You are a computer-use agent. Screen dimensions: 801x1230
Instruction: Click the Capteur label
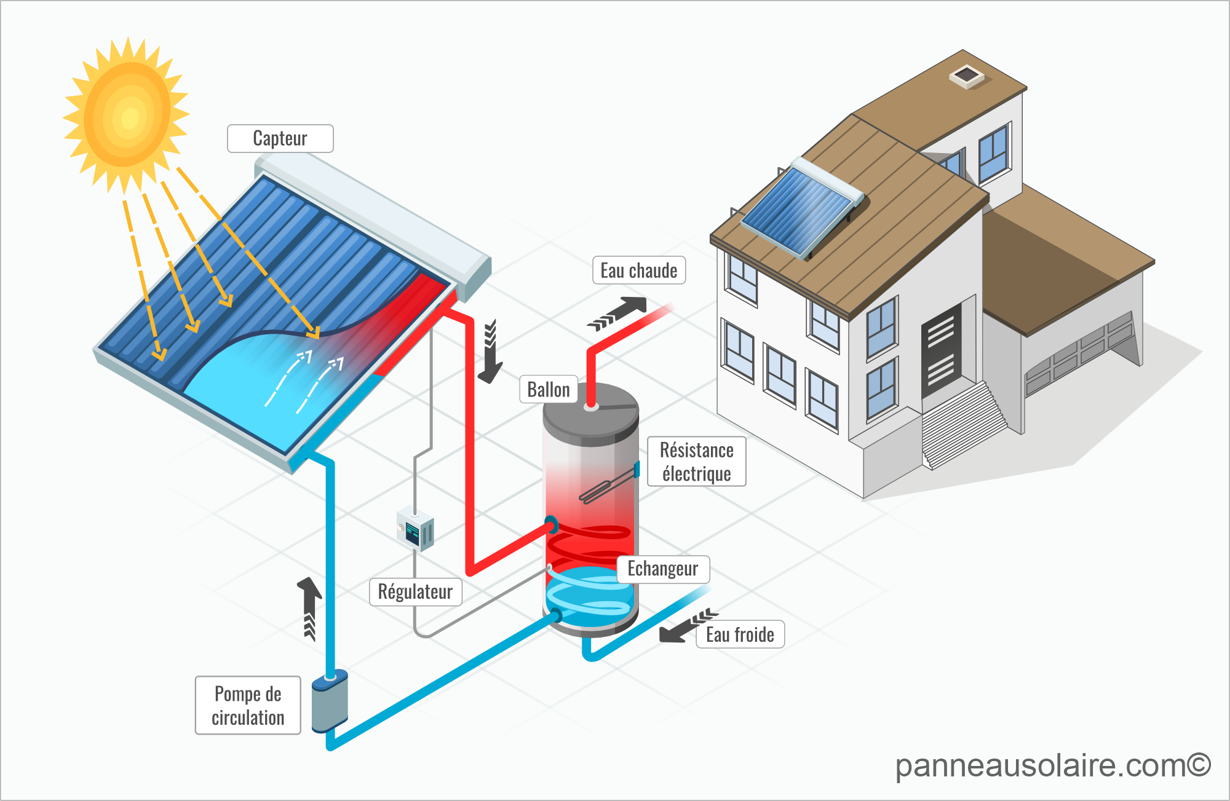(280, 139)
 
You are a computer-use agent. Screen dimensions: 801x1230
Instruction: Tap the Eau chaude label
(638, 270)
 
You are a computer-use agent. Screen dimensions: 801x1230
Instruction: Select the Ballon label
(549, 389)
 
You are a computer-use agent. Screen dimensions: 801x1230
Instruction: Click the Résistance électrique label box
(696, 462)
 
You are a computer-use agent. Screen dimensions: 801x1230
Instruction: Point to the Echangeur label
(662, 569)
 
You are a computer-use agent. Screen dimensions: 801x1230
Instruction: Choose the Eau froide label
(740, 634)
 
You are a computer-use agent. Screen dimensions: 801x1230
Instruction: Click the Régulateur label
(415, 591)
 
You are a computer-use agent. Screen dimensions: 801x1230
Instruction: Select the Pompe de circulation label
(248, 705)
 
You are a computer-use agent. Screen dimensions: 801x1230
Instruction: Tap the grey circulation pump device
(330, 702)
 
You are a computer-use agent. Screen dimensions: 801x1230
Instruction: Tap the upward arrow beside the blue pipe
(309, 606)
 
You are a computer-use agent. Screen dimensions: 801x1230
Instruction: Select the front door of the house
(941, 350)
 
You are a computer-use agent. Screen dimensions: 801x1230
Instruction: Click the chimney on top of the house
(966, 76)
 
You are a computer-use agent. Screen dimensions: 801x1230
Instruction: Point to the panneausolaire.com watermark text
(1052, 765)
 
